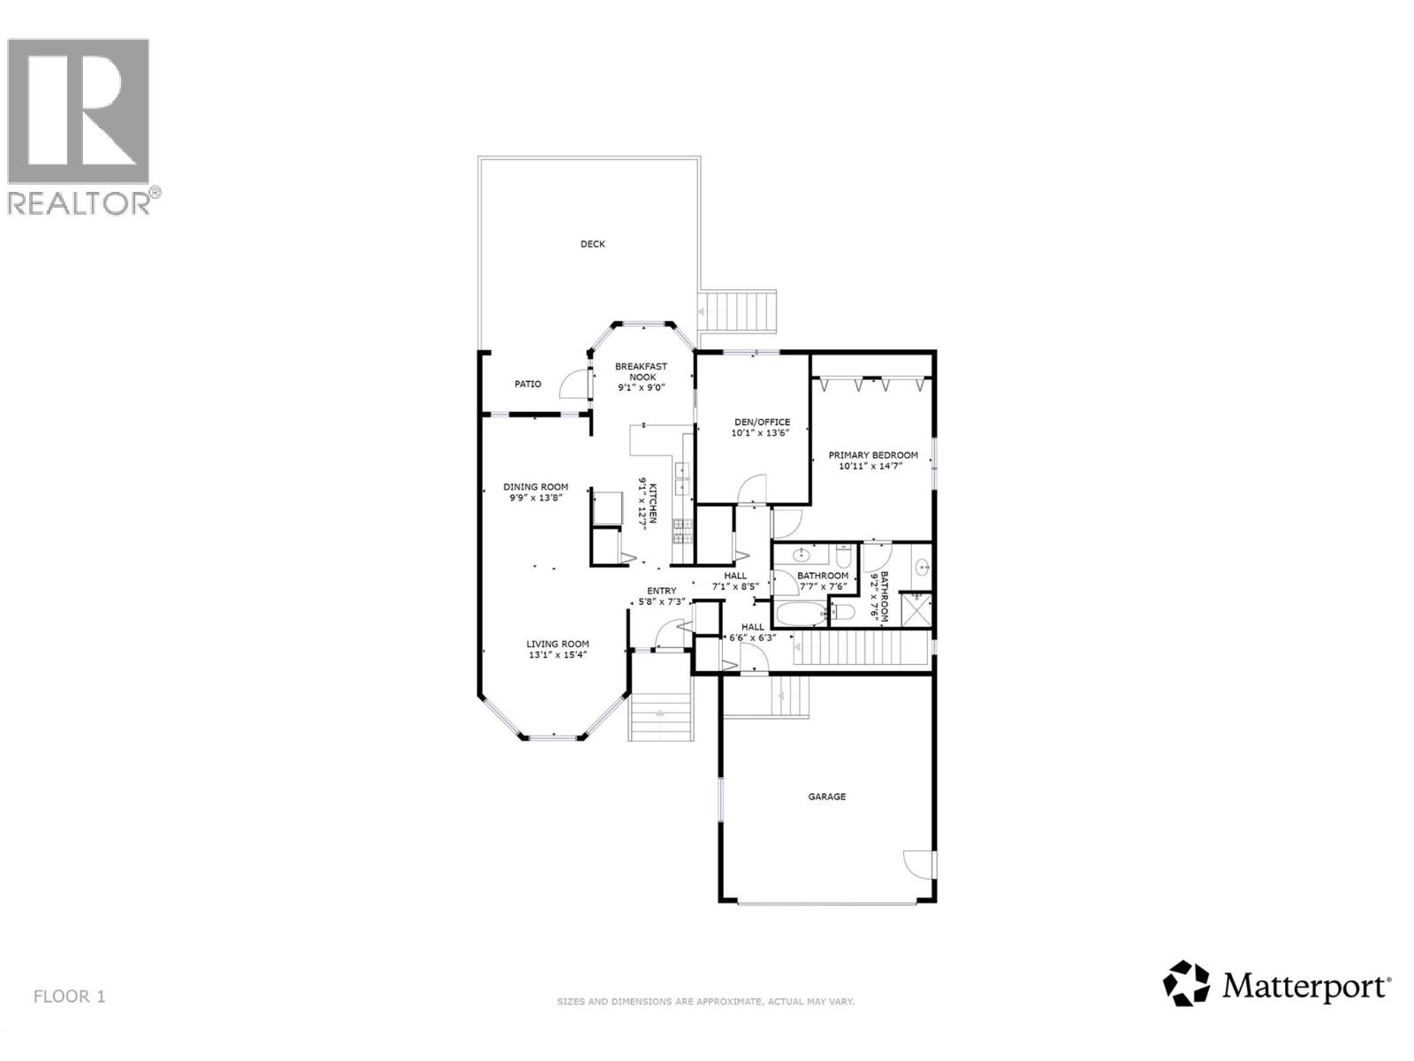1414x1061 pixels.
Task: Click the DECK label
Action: (592, 244)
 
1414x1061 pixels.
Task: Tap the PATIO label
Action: (528, 384)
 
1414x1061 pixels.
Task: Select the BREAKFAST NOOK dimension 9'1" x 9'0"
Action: (641, 387)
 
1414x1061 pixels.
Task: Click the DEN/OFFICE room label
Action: (761, 422)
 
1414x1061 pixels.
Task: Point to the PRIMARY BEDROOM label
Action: (872, 455)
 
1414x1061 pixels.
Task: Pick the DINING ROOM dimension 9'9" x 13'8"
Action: (536, 498)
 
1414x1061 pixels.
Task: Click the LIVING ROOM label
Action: (558, 644)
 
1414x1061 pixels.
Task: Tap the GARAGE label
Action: (826, 797)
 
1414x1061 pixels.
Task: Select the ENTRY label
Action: (661, 591)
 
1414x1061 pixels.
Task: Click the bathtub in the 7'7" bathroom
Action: (800, 613)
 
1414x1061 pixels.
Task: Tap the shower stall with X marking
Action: (916, 610)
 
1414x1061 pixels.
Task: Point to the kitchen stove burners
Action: (683, 530)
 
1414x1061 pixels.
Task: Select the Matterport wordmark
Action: (1306, 985)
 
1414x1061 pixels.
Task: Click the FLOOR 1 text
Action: (69, 996)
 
